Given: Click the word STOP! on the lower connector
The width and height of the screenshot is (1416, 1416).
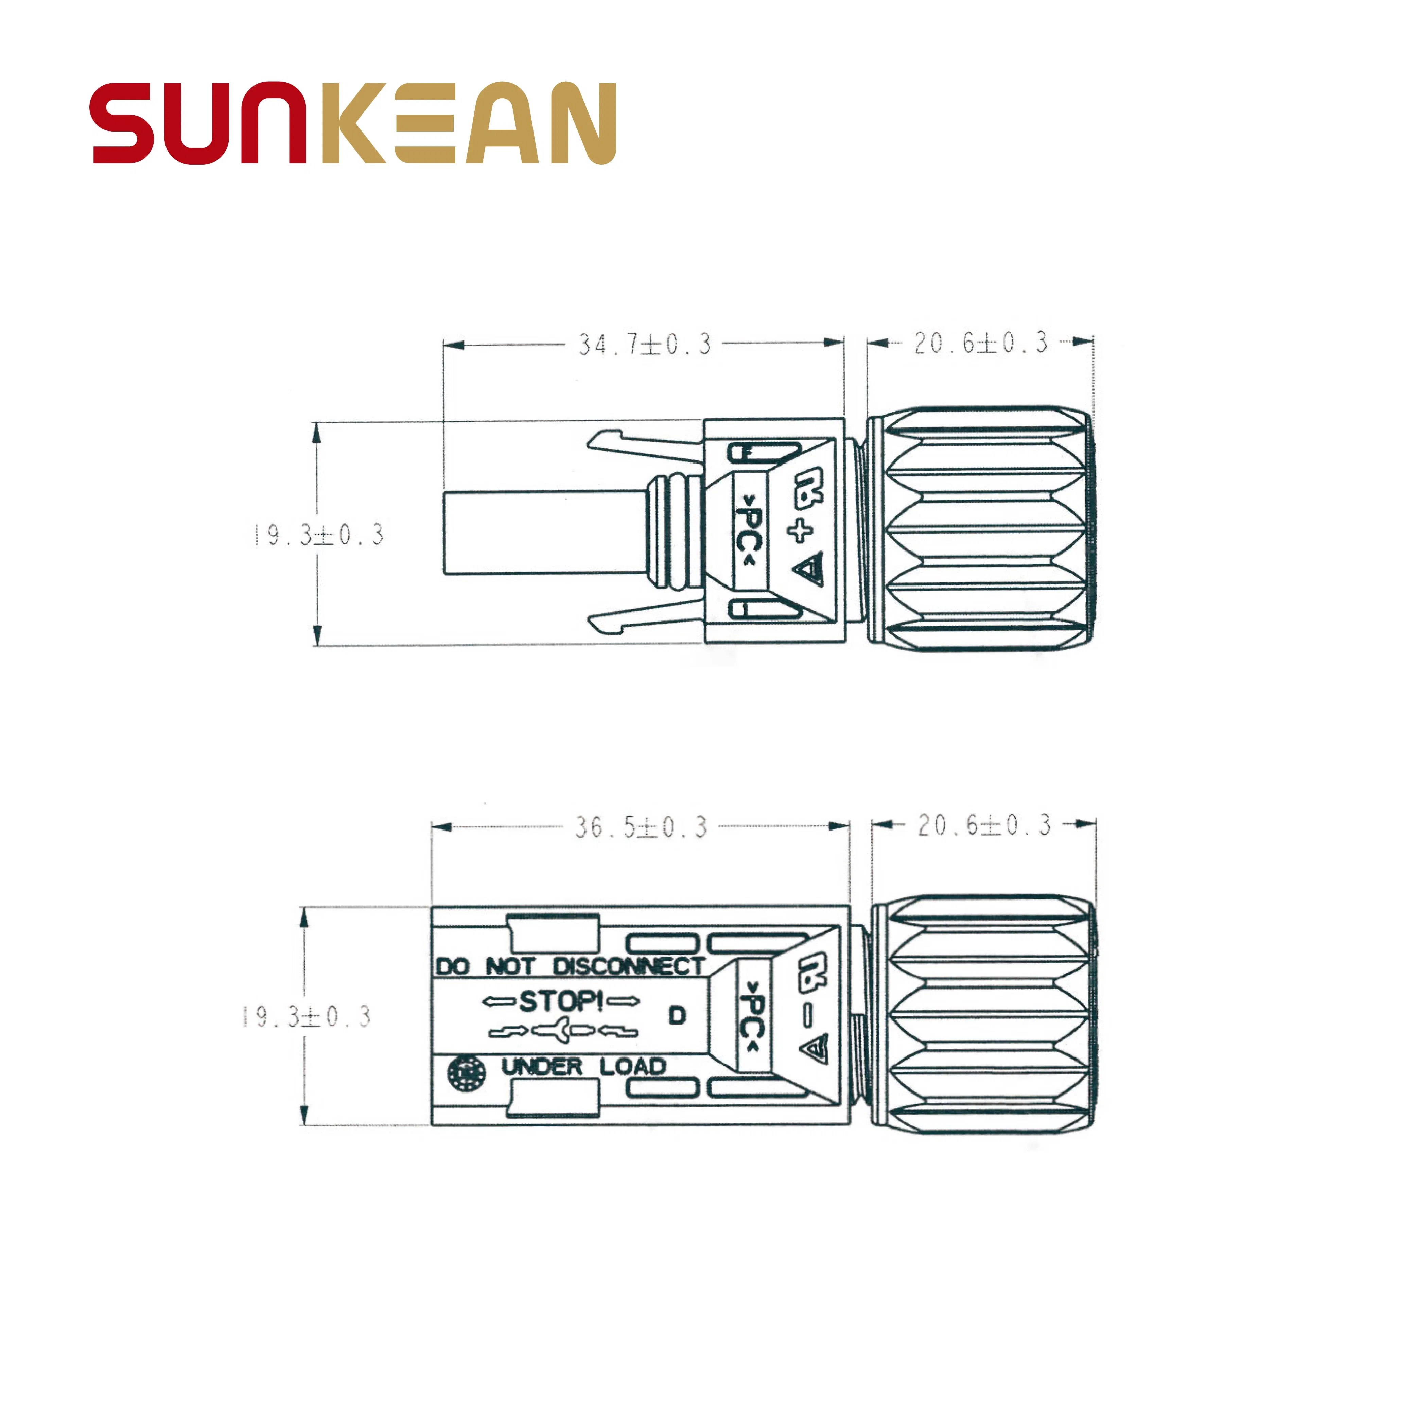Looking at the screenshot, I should (x=561, y=1001).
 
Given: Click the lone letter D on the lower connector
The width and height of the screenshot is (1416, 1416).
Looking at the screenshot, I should (x=677, y=1016).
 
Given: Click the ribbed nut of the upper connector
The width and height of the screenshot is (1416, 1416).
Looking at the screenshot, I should (x=981, y=528).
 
